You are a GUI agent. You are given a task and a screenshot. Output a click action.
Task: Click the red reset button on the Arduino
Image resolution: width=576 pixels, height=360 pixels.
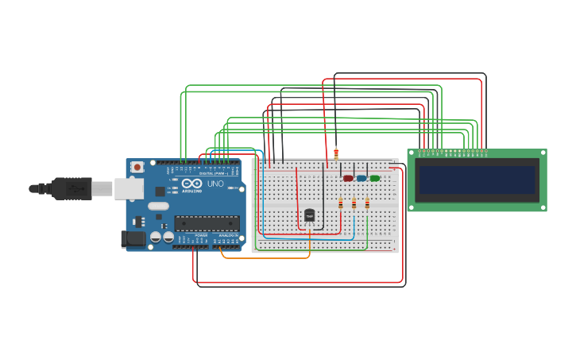(x=137, y=167)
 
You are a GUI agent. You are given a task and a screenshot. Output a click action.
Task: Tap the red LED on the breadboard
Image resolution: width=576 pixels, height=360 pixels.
(x=348, y=178)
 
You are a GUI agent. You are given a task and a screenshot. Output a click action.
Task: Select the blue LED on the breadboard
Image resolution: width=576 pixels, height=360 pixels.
(x=361, y=178)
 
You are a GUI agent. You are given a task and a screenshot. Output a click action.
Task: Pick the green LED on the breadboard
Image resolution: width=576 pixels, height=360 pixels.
(x=374, y=178)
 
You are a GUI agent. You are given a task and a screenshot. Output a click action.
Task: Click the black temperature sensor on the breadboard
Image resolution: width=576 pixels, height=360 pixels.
(x=309, y=215)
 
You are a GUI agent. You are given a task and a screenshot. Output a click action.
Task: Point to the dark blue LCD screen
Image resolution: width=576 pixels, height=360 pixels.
(x=477, y=180)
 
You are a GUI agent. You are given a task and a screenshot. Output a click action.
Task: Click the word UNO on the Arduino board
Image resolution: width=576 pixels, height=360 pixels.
(x=215, y=184)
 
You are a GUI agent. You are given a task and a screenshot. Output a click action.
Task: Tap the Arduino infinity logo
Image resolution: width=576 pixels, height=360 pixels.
(x=191, y=184)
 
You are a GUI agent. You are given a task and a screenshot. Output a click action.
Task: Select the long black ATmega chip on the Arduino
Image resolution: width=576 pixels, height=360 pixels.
(x=207, y=223)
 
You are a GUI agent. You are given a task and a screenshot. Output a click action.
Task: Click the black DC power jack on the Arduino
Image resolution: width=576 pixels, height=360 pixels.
(x=132, y=238)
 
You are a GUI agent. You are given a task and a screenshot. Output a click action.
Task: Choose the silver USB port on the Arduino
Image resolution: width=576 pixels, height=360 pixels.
(x=128, y=188)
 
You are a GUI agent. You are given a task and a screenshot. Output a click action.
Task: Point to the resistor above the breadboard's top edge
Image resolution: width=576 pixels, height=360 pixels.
(x=336, y=154)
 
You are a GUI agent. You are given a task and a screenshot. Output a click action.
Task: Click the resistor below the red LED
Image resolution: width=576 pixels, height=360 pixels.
(x=341, y=204)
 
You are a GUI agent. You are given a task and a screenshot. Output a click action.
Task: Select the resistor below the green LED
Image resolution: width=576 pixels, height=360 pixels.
(x=367, y=204)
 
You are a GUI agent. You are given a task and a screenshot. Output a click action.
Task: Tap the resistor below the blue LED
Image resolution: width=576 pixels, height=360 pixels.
(x=354, y=204)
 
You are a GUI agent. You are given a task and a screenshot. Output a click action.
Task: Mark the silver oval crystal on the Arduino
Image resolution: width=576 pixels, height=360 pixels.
(x=158, y=206)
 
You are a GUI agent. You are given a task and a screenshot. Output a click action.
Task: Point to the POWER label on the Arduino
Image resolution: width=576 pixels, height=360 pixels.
(x=201, y=236)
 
